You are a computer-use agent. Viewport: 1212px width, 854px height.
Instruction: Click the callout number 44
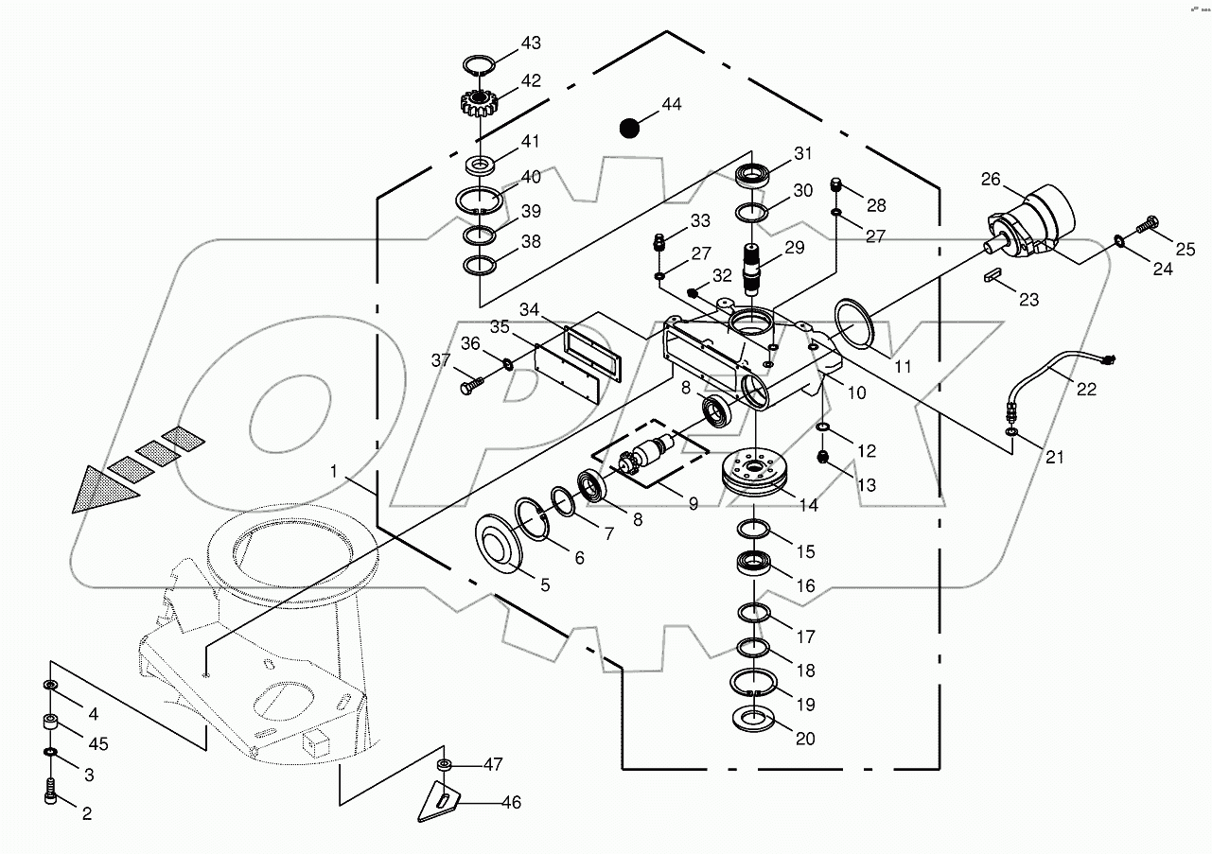click(x=671, y=105)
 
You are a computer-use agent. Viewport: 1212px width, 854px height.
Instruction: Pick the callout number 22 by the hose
click(x=1086, y=389)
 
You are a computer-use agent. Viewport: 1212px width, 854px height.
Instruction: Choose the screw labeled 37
click(x=470, y=384)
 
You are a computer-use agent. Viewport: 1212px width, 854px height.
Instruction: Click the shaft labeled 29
click(x=755, y=267)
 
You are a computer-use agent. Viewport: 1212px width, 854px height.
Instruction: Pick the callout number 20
click(x=805, y=739)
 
